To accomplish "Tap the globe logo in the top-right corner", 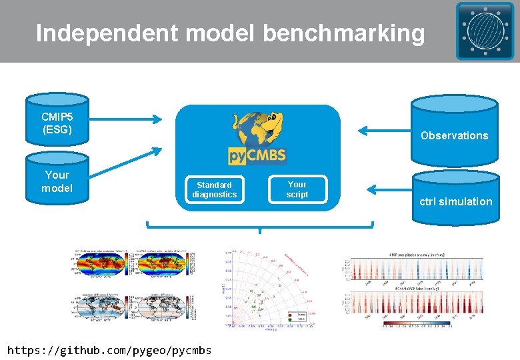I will pyautogui.click(x=485, y=31).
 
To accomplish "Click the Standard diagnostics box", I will pyautogui.click(x=214, y=189).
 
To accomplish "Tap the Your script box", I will pyautogui.click(x=297, y=189).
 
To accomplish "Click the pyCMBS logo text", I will pyautogui.click(x=257, y=156).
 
